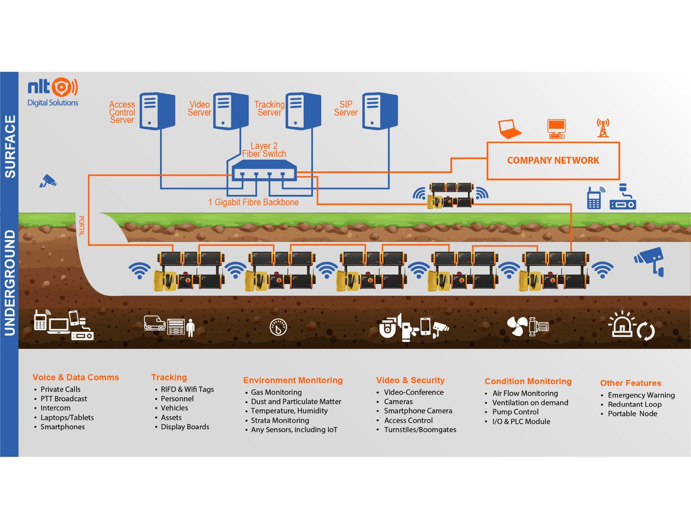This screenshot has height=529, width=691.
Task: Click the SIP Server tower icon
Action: coord(380,111)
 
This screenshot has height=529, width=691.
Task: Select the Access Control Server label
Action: coord(122,112)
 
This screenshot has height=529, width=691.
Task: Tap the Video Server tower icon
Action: coord(231,111)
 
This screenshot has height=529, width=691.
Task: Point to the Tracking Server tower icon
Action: coord(303,111)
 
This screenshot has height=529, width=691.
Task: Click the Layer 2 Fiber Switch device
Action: coord(264,170)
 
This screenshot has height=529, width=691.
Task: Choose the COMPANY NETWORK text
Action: coord(553,161)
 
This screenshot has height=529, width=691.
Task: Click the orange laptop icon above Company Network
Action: coord(509,129)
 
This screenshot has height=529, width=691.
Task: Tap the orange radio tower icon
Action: coord(603,128)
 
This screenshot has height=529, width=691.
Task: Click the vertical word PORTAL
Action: coord(82,226)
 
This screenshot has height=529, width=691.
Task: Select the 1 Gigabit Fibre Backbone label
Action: coord(253,202)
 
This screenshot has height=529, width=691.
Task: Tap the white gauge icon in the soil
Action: coord(278,327)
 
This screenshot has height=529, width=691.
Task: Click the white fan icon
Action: coord(517,326)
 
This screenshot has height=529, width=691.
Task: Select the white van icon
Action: coord(154,323)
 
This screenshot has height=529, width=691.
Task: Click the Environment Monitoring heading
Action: coord(293,380)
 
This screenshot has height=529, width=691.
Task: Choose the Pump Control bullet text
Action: coord(515,412)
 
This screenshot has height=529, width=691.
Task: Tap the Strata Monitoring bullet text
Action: coord(280,421)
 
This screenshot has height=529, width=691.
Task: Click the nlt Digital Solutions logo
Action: coord(53,92)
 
